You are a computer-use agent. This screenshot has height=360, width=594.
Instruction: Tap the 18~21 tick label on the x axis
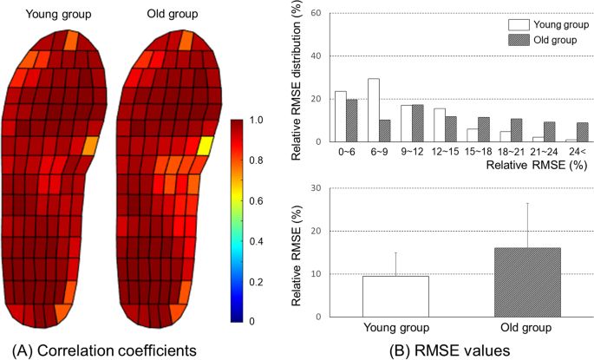point(500,151)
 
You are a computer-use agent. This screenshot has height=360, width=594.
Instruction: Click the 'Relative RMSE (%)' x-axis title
point(530,162)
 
